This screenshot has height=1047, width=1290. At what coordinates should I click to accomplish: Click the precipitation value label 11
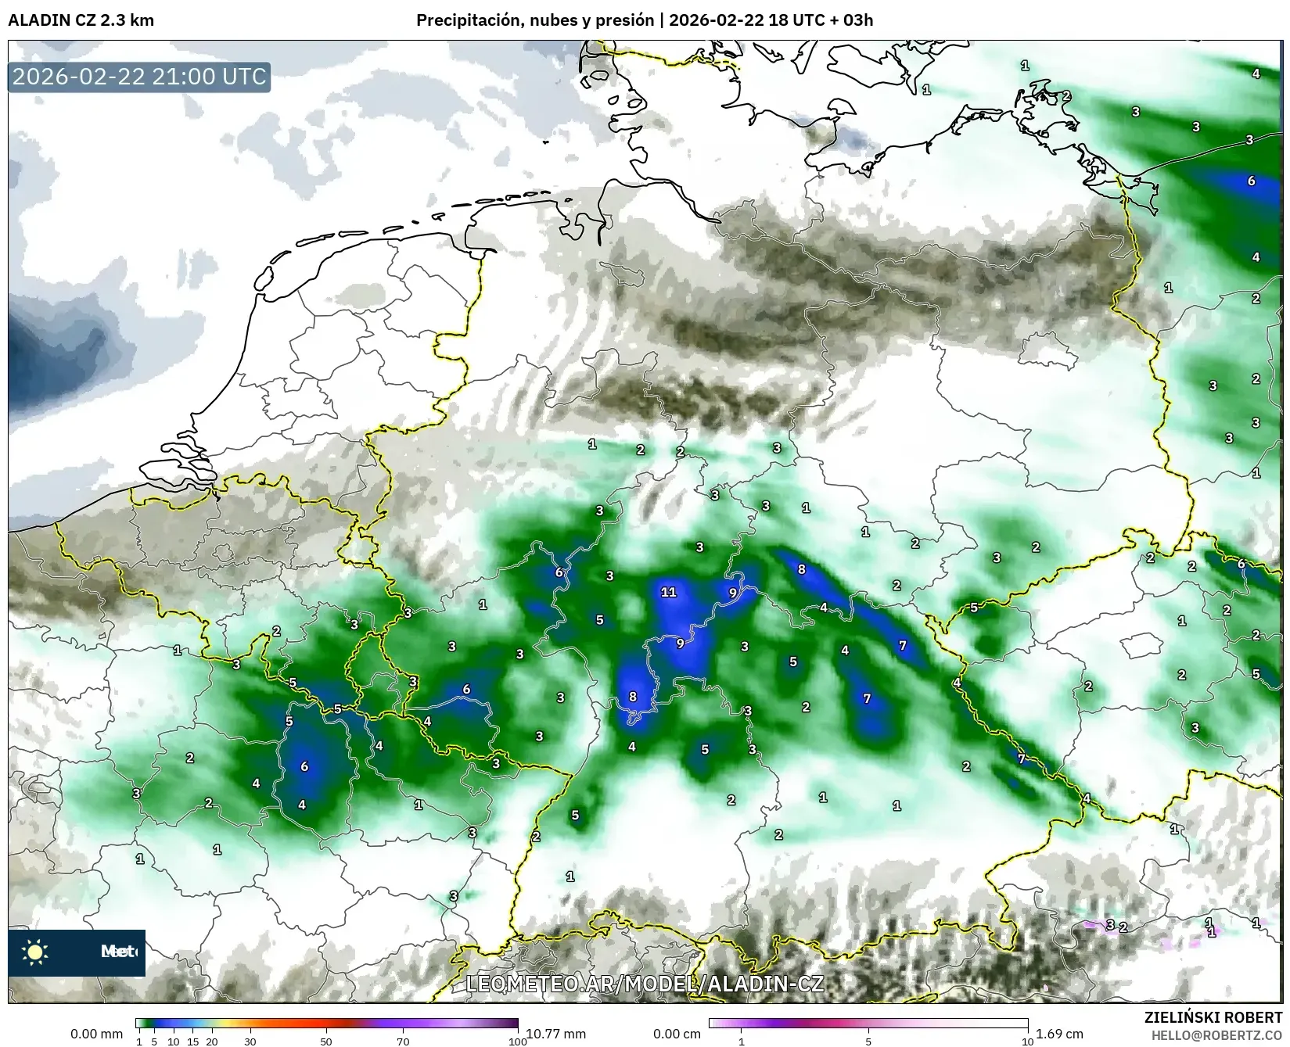(668, 592)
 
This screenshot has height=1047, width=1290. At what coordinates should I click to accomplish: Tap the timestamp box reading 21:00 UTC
(139, 77)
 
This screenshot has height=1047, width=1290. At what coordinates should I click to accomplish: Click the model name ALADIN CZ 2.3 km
(81, 20)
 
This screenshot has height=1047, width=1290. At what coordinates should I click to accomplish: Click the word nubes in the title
(552, 20)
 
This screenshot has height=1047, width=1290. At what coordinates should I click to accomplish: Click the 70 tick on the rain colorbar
(403, 1041)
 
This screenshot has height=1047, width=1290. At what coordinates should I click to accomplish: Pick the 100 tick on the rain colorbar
(518, 1041)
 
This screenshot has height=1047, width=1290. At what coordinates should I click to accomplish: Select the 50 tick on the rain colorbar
(326, 1041)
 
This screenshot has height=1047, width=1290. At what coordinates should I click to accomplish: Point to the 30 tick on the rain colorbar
(250, 1041)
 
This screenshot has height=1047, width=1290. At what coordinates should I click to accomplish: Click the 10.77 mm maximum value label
(555, 1034)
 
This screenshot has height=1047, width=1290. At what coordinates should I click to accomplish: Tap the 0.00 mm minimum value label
(96, 1034)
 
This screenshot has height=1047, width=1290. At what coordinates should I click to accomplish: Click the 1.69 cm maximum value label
(1059, 1034)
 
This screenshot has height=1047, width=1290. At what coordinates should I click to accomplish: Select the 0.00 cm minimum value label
(677, 1034)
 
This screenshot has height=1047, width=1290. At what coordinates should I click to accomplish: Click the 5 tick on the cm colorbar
(868, 1041)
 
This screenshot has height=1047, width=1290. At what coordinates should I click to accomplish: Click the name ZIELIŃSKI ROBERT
(1213, 1017)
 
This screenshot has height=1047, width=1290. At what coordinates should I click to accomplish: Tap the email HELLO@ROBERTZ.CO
(1216, 1034)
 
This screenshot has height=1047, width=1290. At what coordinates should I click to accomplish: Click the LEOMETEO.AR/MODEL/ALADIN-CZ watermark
(645, 984)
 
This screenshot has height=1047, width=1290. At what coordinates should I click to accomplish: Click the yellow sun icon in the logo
(35, 952)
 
